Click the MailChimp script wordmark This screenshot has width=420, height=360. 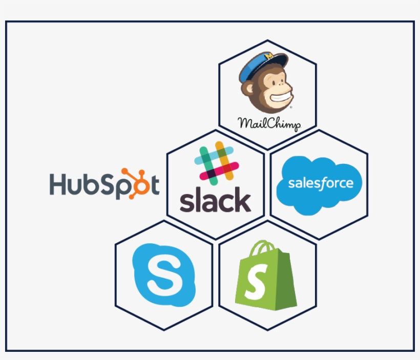pos(269,123)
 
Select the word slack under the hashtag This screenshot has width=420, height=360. pos(215,201)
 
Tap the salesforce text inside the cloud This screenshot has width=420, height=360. pos(320,183)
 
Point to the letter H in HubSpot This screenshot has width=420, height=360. pos(59,185)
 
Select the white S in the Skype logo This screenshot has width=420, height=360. pos(163,275)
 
